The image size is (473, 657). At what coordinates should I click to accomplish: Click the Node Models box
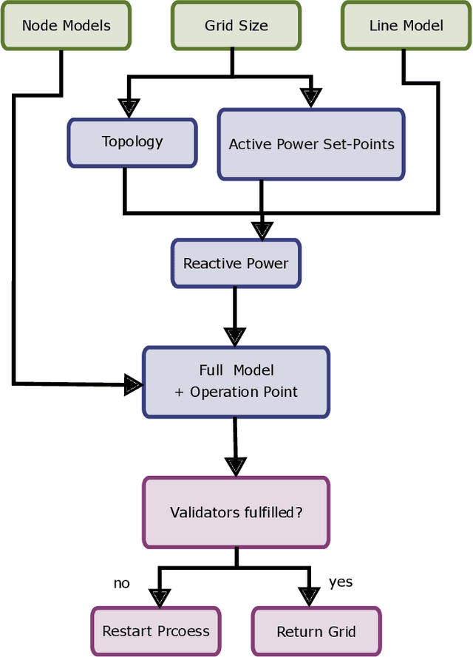[66, 25]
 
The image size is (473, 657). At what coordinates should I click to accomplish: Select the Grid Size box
[236, 25]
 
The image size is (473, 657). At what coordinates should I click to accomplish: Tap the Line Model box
[406, 25]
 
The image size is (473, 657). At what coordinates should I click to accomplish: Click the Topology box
[132, 142]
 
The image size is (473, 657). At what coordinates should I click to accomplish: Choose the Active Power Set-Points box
[311, 144]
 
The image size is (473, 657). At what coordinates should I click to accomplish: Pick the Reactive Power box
[236, 263]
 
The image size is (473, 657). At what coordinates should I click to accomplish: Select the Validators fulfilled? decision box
[236, 512]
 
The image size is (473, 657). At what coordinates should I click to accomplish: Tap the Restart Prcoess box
[156, 631]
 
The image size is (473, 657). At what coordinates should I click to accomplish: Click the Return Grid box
[316, 631]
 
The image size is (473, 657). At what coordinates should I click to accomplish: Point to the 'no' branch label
[121, 583]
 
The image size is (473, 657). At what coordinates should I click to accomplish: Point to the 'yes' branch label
[341, 582]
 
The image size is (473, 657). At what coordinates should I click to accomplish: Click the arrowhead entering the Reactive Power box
[261, 229]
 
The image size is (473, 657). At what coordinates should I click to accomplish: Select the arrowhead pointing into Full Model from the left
[133, 384]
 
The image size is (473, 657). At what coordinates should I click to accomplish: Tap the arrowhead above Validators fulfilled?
[235, 466]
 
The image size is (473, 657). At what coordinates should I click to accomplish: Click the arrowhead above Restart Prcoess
[159, 596]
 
